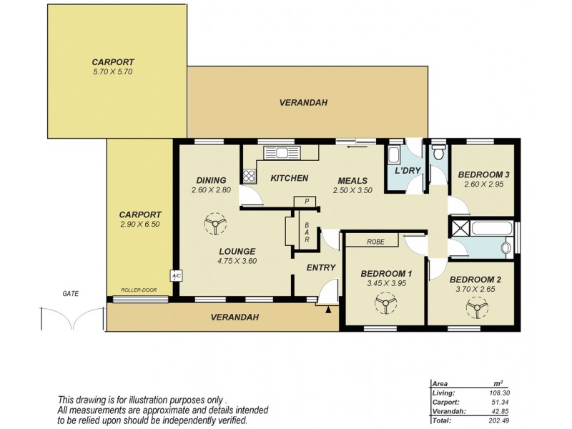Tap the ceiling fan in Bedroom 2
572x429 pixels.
point(473,308)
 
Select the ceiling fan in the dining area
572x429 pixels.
point(214,225)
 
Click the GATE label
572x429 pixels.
point(70,293)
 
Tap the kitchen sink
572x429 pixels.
point(282,152)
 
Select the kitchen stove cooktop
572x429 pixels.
point(248,174)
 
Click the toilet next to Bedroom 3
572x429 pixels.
point(438,152)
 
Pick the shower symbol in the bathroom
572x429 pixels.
point(457,229)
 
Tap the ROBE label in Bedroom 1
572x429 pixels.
point(376,242)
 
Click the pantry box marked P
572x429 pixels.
point(305,202)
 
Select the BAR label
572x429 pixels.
point(306,232)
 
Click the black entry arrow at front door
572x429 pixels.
point(328,310)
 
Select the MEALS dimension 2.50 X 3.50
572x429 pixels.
point(350,190)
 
